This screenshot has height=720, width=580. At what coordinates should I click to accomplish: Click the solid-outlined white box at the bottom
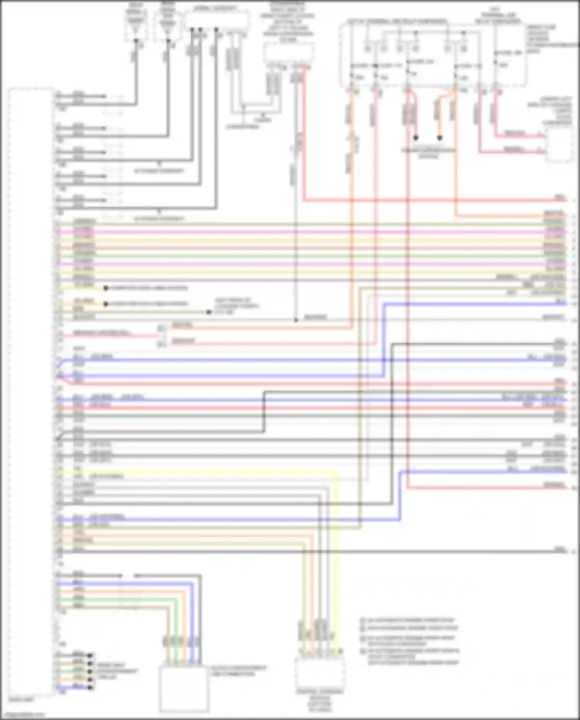coord(184,689)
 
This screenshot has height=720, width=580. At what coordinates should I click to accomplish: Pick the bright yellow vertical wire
coord(335,561)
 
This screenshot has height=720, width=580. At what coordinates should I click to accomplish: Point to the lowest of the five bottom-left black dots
coord(90,688)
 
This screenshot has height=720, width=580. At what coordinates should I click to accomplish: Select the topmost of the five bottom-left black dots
coord(90,655)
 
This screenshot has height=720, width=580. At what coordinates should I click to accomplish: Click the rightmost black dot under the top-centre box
coord(216,29)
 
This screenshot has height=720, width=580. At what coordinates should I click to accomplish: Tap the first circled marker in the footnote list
coord(363,620)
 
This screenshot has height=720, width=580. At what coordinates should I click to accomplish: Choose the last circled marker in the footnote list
coord(363,652)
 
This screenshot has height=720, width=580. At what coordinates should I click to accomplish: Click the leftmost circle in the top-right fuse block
coord(368,49)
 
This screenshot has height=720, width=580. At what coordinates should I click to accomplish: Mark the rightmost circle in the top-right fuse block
coord(464,49)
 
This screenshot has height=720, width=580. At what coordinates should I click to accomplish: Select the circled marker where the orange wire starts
coord(161,328)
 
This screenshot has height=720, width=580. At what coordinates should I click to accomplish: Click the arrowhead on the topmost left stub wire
coord(104,96)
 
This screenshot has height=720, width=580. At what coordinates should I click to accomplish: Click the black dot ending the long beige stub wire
coord(209,312)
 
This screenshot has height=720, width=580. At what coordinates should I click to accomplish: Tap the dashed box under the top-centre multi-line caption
coord(288,53)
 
